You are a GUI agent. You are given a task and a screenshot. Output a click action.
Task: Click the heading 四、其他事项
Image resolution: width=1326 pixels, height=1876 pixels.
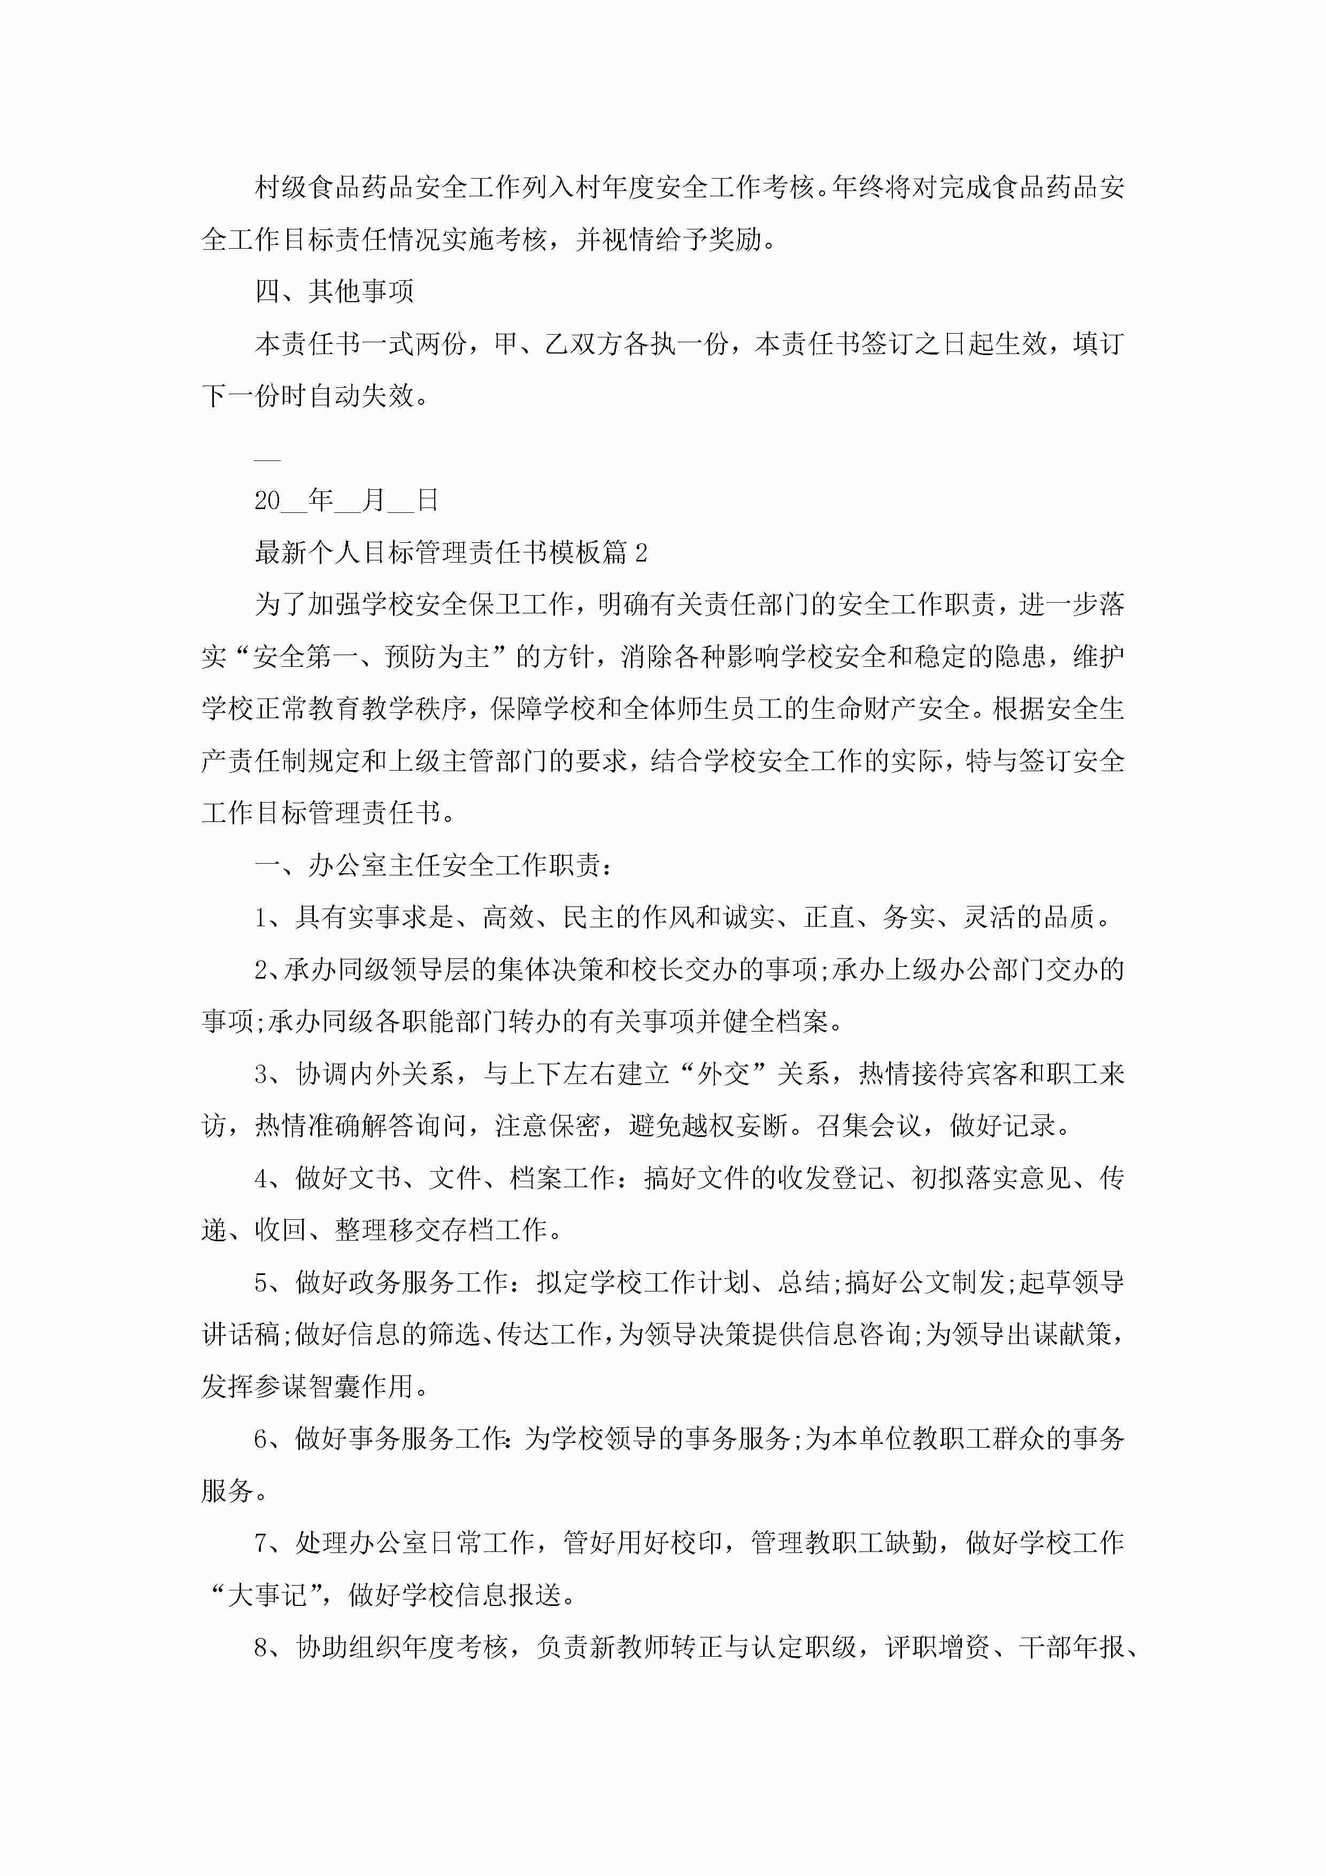click(334, 291)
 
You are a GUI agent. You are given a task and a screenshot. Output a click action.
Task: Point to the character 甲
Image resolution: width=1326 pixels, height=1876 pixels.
click(506, 344)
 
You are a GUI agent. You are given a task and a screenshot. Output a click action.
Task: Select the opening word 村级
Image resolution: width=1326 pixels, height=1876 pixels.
click(281, 188)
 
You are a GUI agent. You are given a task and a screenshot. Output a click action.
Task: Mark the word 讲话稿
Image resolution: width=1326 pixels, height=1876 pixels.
click(241, 1334)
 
